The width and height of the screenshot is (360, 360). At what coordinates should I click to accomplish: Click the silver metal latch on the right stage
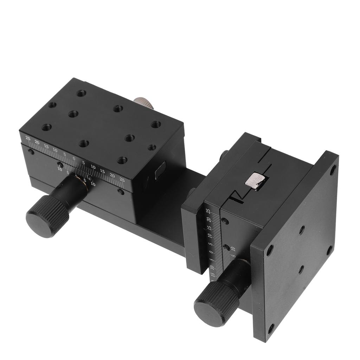[x=256, y=181]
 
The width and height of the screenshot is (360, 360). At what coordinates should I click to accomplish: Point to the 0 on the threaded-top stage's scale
[x=74, y=159]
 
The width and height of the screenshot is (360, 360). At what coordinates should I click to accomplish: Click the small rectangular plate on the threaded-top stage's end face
[x=159, y=172]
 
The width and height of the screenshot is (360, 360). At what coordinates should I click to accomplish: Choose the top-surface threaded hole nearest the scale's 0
[x=84, y=143]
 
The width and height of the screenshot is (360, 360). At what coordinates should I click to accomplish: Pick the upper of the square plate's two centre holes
[x=302, y=230]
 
